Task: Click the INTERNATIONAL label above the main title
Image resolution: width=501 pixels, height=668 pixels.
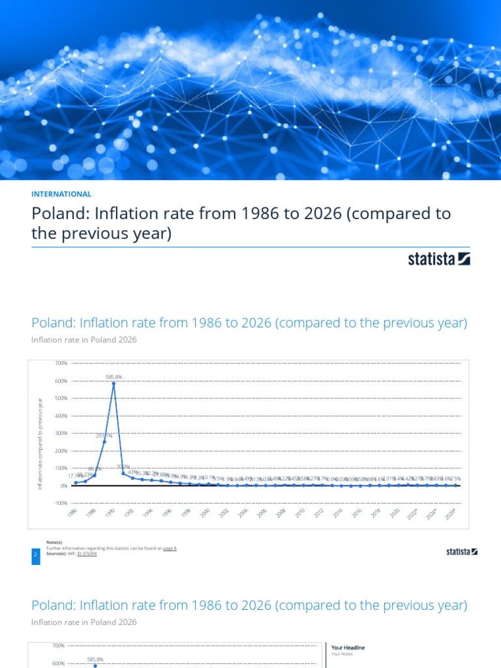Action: point(61,194)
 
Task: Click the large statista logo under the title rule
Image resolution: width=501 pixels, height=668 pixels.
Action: point(439,259)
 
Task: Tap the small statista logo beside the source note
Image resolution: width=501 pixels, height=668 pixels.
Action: point(462,552)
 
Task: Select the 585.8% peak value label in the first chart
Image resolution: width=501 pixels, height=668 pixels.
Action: point(114,376)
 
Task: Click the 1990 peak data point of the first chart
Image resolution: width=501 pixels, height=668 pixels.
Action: point(114,383)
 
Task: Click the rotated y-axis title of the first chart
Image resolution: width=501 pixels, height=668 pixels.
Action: point(40,444)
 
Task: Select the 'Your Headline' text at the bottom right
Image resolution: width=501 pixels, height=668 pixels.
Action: point(348,647)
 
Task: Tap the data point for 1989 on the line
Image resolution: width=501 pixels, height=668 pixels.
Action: point(104,442)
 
